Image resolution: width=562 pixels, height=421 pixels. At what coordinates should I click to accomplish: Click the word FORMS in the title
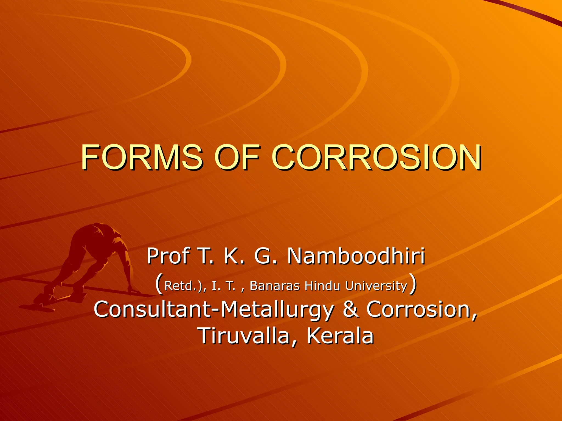click(x=142, y=157)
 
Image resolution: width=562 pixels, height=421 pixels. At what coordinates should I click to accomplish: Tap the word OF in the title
click(x=237, y=157)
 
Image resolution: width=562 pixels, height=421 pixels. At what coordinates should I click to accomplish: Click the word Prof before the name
click(x=168, y=256)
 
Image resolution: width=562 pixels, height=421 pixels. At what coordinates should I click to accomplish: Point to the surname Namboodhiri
click(x=356, y=256)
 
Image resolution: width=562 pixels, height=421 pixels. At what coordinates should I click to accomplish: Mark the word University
click(x=376, y=286)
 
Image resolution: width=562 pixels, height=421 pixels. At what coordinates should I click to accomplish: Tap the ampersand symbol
click(x=351, y=309)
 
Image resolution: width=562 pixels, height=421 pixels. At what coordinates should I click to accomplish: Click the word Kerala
click(x=340, y=336)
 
